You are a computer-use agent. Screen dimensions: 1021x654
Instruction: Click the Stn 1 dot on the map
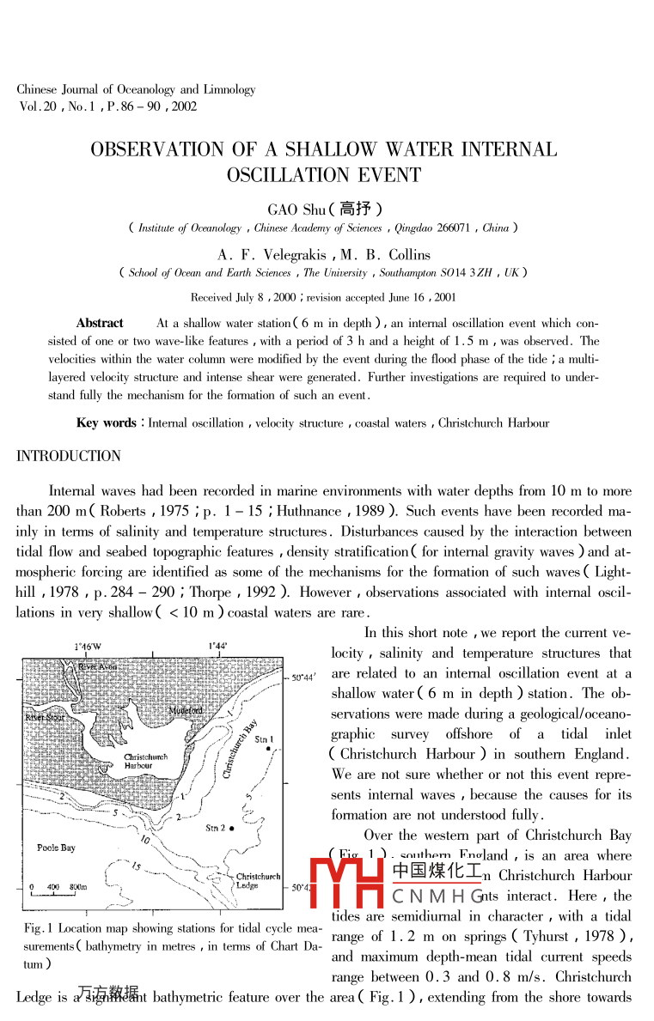click(x=269, y=749)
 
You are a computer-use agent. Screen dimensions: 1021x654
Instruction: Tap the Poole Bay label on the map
click(x=56, y=848)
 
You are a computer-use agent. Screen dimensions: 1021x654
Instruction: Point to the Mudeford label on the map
click(x=186, y=711)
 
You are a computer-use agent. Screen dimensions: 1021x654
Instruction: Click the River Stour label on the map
click(x=43, y=717)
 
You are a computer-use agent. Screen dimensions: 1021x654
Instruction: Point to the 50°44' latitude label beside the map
click(x=304, y=678)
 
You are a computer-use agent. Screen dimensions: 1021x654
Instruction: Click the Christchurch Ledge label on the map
click(x=258, y=881)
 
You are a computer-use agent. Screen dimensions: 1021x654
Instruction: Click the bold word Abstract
click(x=100, y=324)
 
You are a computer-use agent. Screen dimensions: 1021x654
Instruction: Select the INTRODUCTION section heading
click(x=69, y=456)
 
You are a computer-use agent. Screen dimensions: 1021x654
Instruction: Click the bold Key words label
click(x=107, y=423)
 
